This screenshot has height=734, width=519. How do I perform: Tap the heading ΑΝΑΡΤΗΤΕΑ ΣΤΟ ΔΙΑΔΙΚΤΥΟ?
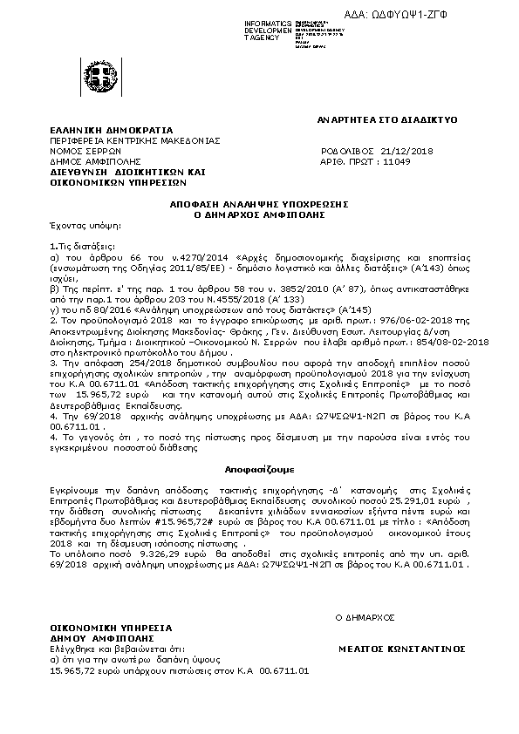point(389,119)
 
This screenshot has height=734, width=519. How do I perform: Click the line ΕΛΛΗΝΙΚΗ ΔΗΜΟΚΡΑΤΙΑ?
point(99,130)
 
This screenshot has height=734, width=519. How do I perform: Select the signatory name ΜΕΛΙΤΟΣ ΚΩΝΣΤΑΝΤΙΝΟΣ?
point(402,649)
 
